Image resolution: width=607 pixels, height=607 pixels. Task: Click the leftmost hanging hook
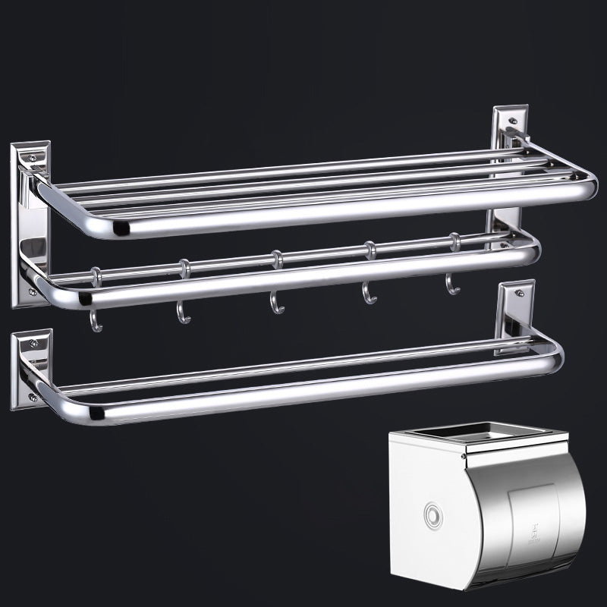(94, 320)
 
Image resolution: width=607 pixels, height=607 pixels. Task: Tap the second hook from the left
(183, 313)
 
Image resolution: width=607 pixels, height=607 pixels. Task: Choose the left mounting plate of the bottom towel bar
(30, 368)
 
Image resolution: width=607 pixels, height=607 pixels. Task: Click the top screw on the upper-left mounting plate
(31, 158)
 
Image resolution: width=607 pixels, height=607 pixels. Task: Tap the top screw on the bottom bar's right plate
(520, 293)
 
